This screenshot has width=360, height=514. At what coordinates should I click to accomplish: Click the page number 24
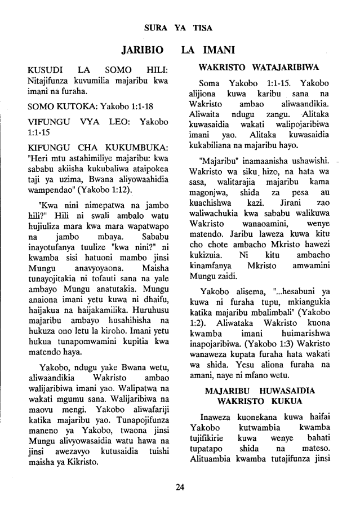click(x=180, y=488)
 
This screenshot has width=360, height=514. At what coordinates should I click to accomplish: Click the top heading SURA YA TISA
click(x=180, y=26)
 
